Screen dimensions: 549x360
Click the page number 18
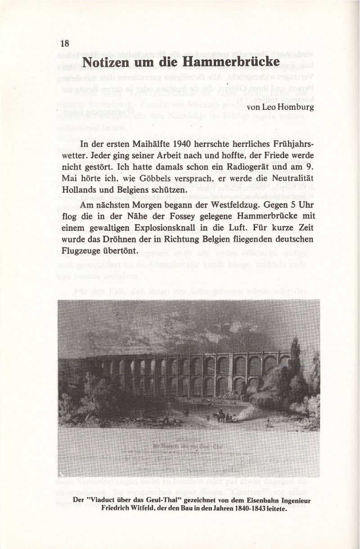click(x=64, y=43)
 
